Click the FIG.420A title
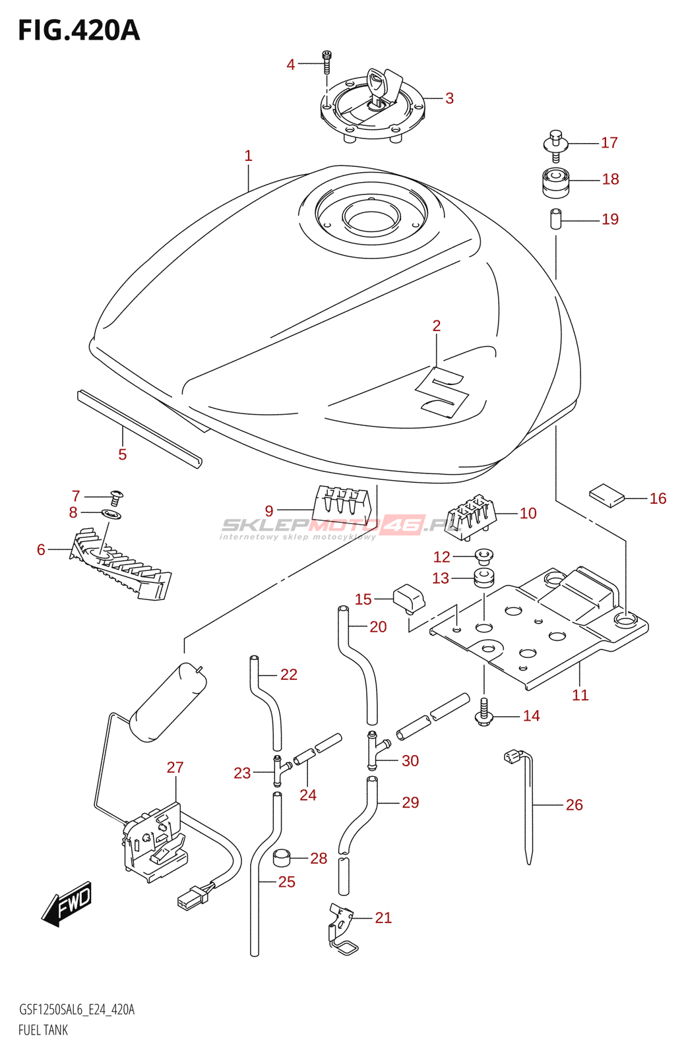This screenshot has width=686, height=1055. point(79,30)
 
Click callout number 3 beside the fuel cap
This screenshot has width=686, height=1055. point(449,98)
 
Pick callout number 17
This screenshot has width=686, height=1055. point(609,142)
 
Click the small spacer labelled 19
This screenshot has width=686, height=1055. point(555,219)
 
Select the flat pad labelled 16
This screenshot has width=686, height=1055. point(606,495)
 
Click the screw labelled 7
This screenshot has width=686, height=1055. point(117,497)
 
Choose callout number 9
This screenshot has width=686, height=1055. point(268,511)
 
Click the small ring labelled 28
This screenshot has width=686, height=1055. point(283,858)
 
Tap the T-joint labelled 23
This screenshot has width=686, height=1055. point(279,770)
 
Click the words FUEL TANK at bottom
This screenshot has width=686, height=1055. point(43,1029)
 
